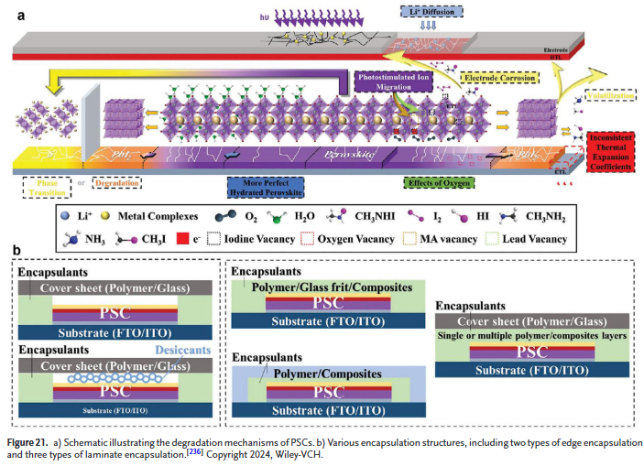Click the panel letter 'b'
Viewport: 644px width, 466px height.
tap(16, 250)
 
